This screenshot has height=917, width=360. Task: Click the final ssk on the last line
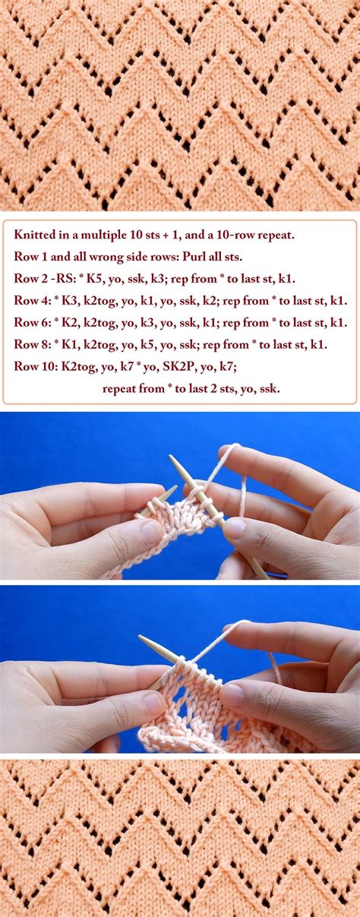click(x=270, y=388)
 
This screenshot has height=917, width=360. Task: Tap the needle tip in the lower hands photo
click(x=140, y=637)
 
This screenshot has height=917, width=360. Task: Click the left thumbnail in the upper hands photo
click(x=151, y=530)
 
